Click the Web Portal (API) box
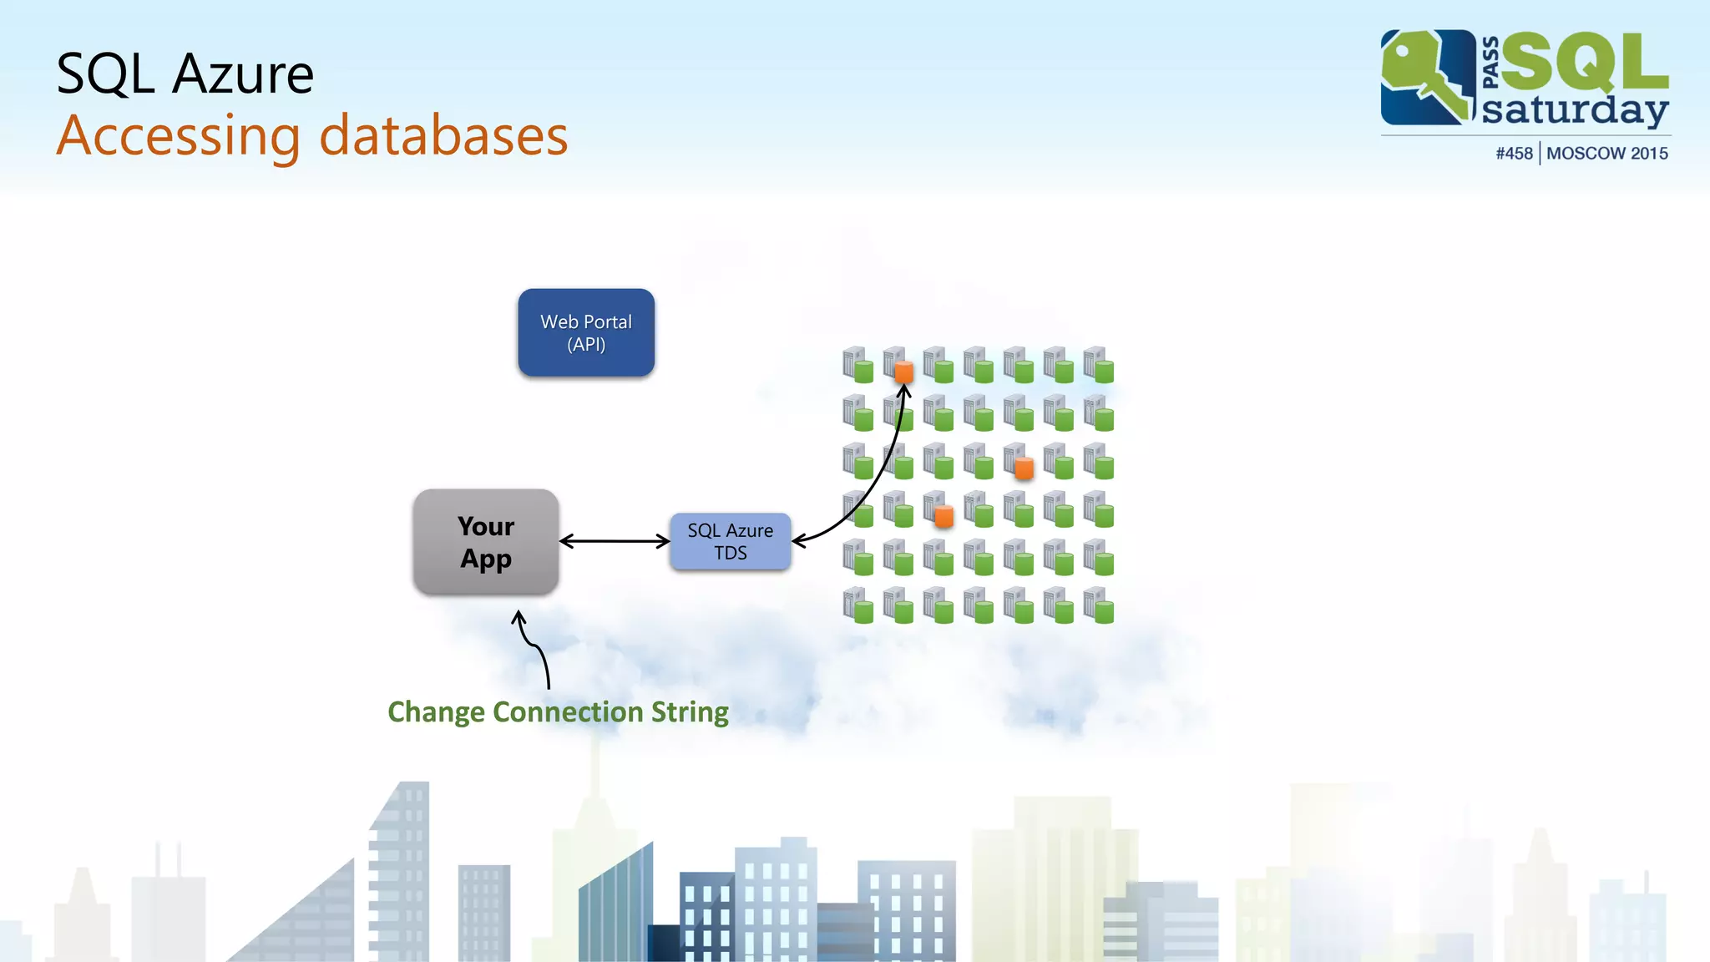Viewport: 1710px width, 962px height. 586,332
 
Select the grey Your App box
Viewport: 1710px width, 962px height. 486,542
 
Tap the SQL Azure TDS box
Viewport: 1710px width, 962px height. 731,542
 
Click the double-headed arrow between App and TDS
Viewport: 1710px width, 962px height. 615,542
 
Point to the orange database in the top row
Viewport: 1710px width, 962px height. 903,371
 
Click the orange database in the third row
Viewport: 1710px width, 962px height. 1024,467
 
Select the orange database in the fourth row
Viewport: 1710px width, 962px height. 944,516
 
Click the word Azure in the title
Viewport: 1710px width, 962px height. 242,74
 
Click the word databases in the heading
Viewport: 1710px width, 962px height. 443,136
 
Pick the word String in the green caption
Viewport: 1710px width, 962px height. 690,711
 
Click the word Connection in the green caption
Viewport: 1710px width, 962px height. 568,711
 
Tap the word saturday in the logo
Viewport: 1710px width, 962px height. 1574,110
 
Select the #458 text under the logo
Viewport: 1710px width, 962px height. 1514,154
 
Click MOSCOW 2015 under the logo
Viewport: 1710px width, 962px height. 1606,154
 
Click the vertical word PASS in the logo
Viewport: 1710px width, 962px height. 1490,63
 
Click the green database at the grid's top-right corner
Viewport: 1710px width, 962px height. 1103,371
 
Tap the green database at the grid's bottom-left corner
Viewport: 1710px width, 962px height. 863,612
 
